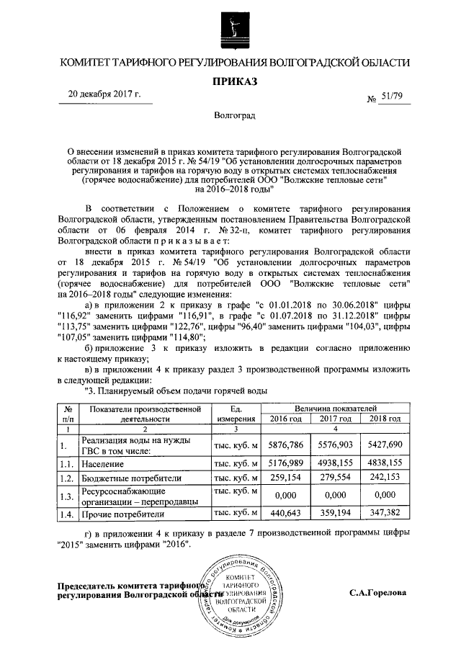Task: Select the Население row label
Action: pyautogui.click(x=105, y=465)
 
